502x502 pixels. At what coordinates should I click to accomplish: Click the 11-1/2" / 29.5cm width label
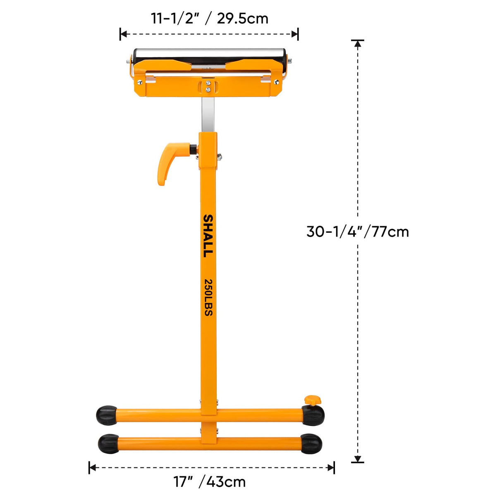pyautogui.click(x=209, y=19)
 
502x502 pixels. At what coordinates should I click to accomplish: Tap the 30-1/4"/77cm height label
pyautogui.click(x=358, y=232)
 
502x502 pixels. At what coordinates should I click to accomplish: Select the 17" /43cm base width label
pyautogui.click(x=210, y=482)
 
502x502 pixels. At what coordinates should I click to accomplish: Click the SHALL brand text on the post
pyautogui.click(x=208, y=236)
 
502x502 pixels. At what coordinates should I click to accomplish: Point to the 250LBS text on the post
pyautogui.click(x=208, y=298)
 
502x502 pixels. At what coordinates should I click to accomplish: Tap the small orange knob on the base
pyautogui.click(x=312, y=400)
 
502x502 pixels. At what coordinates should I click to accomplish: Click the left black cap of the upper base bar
pyautogui.click(x=106, y=415)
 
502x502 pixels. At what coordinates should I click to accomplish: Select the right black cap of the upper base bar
pyautogui.click(x=313, y=415)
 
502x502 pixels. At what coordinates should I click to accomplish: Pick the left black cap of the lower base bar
pyautogui.click(x=108, y=444)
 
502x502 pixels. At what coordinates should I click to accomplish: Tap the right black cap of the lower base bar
pyautogui.click(x=311, y=444)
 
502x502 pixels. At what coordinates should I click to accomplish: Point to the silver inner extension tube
pyautogui.click(x=208, y=114)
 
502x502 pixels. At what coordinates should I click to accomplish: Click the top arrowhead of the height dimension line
pyautogui.click(x=358, y=43)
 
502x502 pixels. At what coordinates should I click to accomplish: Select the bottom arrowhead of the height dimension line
pyautogui.click(x=358, y=459)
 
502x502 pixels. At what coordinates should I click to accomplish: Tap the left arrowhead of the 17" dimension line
pyautogui.click(x=92, y=468)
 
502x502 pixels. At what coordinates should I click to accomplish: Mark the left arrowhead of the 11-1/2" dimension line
pyautogui.click(x=123, y=34)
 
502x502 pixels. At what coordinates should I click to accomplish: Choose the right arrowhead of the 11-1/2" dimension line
pyautogui.click(x=295, y=34)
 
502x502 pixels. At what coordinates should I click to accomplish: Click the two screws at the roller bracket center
pyautogui.click(x=208, y=86)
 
